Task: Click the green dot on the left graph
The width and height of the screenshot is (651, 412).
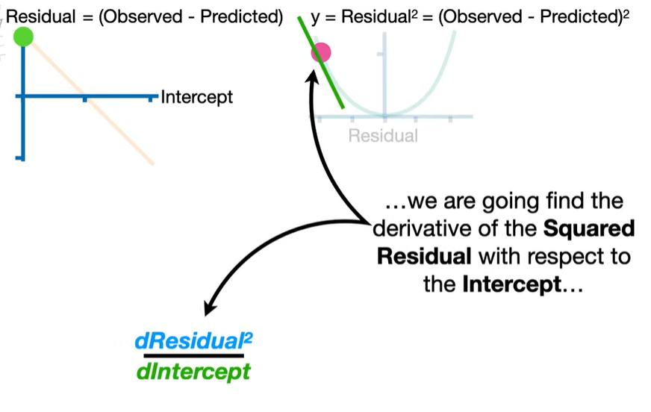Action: tap(23, 36)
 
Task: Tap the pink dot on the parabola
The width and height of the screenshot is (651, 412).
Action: tap(321, 52)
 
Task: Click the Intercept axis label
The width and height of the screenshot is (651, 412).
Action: tap(197, 97)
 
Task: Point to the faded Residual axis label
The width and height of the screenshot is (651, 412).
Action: tap(384, 136)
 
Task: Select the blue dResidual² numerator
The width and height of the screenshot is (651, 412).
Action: tap(194, 342)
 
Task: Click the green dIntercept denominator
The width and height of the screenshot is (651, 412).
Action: tap(194, 372)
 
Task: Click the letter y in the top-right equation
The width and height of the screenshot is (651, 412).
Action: tap(315, 17)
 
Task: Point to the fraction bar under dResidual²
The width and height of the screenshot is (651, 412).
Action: tap(194, 356)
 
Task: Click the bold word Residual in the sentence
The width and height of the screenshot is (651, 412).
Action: tap(423, 257)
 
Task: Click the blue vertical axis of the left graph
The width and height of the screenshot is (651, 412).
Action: tap(24, 112)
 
